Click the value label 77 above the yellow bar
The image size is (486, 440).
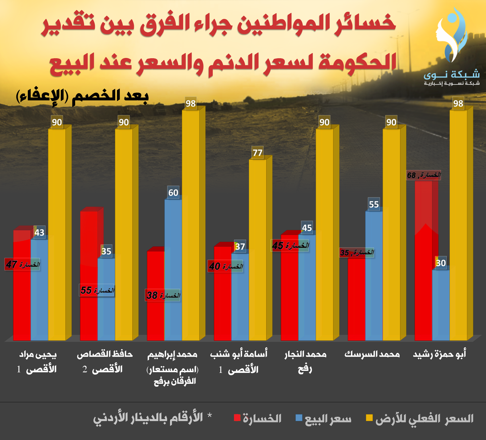click(x=257, y=152)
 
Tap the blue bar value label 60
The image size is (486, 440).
click(x=173, y=192)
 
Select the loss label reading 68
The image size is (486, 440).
click(x=423, y=175)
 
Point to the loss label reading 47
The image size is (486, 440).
click(x=22, y=264)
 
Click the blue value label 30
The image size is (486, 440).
click(x=441, y=263)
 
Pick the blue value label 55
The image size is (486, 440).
click(x=374, y=204)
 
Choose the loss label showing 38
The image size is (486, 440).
click(x=163, y=295)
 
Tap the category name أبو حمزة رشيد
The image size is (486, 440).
click(x=439, y=355)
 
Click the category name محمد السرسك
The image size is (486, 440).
click(x=372, y=355)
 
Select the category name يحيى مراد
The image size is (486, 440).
click(x=38, y=355)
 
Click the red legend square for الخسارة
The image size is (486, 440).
click(x=237, y=418)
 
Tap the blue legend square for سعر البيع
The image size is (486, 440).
click(x=299, y=418)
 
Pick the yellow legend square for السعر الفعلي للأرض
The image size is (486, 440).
click(x=369, y=418)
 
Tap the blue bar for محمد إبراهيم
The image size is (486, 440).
click(x=173, y=270)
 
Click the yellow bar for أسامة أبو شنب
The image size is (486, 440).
click(x=257, y=250)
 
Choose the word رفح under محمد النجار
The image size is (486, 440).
click(x=305, y=369)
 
